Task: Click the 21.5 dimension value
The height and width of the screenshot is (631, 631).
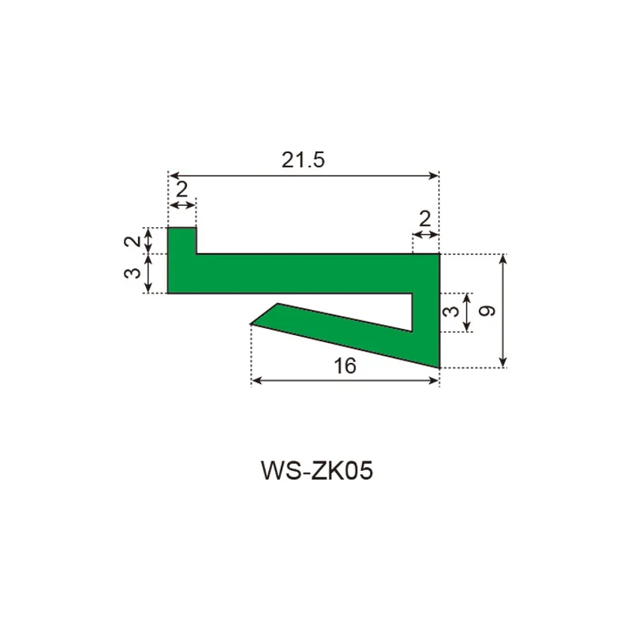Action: click(x=304, y=160)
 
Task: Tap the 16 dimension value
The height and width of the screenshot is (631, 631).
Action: click(x=345, y=365)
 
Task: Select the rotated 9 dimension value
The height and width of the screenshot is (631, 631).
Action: click(x=488, y=311)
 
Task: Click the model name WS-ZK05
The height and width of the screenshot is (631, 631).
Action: click(x=315, y=471)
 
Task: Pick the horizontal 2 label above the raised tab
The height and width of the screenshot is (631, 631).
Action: click(x=181, y=189)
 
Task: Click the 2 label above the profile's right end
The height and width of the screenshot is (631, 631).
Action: click(x=426, y=218)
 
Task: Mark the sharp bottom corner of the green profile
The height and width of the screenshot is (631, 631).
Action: click(x=436, y=365)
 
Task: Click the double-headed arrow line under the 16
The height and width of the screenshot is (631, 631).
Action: click(x=345, y=380)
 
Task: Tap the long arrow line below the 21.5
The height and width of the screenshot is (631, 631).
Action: click(x=304, y=175)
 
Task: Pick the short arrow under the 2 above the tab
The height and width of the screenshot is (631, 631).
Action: click(x=182, y=205)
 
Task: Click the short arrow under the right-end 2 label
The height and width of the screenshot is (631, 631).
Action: click(x=426, y=234)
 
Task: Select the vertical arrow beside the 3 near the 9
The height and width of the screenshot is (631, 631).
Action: click(x=468, y=312)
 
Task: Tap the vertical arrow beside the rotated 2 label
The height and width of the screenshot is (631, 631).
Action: click(x=151, y=241)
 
